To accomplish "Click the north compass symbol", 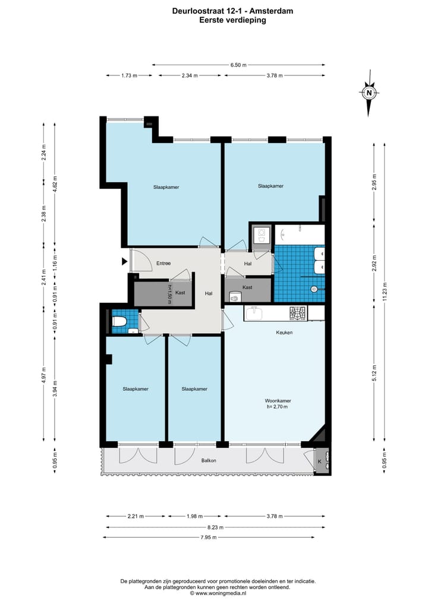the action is pyautogui.click(x=369, y=93).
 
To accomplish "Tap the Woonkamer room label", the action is pyautogui.click(x=278, y=401).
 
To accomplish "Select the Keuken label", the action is pyautogui.click(x=284, y=333).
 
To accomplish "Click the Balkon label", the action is pyautogui.click(x=209, y=460).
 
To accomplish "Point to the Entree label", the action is pyautogui.click(x=163, y=263).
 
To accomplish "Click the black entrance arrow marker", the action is pyautogui.click(x=125, y=261).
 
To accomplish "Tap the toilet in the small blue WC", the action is pyautogui.click(x=119, y=321).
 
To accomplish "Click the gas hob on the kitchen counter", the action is pyautogui.click(x=298, y=313).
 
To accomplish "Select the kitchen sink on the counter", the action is pyautogui.click(x=254, y=313).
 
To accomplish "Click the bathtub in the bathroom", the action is pyautogui.click(x=300, y=235).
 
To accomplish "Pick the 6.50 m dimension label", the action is pyautogui.click(x=238, y=65).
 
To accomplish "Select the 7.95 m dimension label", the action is pyautogui.click(x=209, y=537).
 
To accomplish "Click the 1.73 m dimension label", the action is pyautogui.click(x=129, y=75).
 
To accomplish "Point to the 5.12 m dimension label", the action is pyautogui.click(x=374, y=373).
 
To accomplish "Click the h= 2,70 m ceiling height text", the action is pyautogui.click(x=277, y=406).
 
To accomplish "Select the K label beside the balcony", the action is pyautogui.click(x=320, y=461).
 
